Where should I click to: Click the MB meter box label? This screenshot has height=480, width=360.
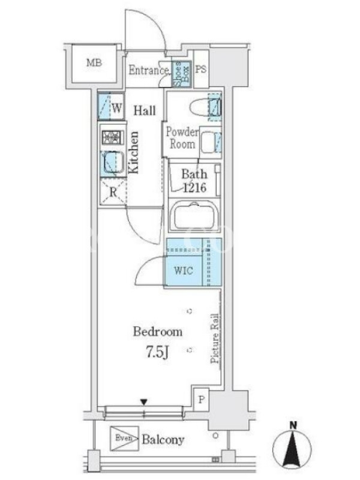point(94,63)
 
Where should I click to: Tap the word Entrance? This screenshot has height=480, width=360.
point(148,70)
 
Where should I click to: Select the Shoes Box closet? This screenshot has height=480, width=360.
point(182,74)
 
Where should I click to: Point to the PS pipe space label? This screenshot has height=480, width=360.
point(201,69)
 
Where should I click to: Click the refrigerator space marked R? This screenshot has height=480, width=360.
point(113,191)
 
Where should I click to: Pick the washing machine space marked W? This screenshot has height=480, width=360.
point(111,106)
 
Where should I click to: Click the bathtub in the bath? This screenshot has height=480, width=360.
point(194,215)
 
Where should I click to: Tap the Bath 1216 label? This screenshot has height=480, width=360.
point(194,181)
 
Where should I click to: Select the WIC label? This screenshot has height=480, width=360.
point(184,271)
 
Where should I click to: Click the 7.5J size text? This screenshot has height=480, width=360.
point(157,353)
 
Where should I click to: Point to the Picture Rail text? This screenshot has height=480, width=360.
point(215,338)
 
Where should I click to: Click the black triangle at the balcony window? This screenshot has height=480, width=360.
point(144,402)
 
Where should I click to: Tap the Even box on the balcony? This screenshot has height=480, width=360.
point(124,439)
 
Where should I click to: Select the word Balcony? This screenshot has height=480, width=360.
point(163,440)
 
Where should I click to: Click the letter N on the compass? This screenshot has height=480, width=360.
point(293,425)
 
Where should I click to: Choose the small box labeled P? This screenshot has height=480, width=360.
point(201,400)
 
